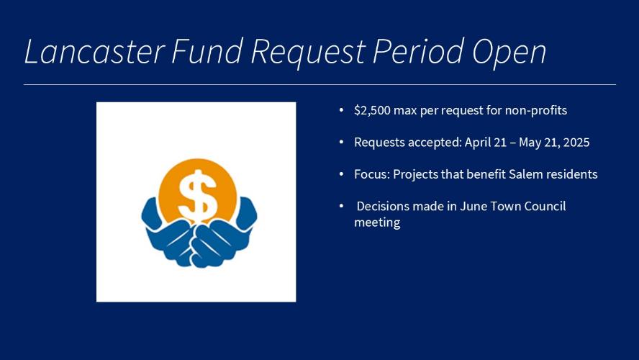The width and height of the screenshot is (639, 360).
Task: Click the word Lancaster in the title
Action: [x=95, y=51]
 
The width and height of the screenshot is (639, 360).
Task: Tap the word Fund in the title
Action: [x=207, y=51]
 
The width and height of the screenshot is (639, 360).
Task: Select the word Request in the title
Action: [x=308, y=53]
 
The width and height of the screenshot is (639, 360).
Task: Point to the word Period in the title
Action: [x=418, y=51]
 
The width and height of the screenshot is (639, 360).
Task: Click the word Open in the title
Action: [x=509, y=53]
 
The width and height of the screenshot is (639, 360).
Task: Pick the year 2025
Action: [x=576, y=143]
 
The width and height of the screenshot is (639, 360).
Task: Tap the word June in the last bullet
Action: [x=473, y=206]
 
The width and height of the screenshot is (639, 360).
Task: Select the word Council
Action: [x=545, y=206]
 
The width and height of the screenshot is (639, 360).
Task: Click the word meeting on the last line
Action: [x=377, y=222]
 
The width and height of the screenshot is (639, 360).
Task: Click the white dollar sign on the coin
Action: [x=198, y=196]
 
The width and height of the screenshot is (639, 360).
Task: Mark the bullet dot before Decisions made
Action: [x=342, y=206]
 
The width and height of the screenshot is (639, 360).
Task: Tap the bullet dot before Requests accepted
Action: [x=342, y=142]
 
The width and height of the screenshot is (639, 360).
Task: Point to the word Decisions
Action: [x=383, y=206]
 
